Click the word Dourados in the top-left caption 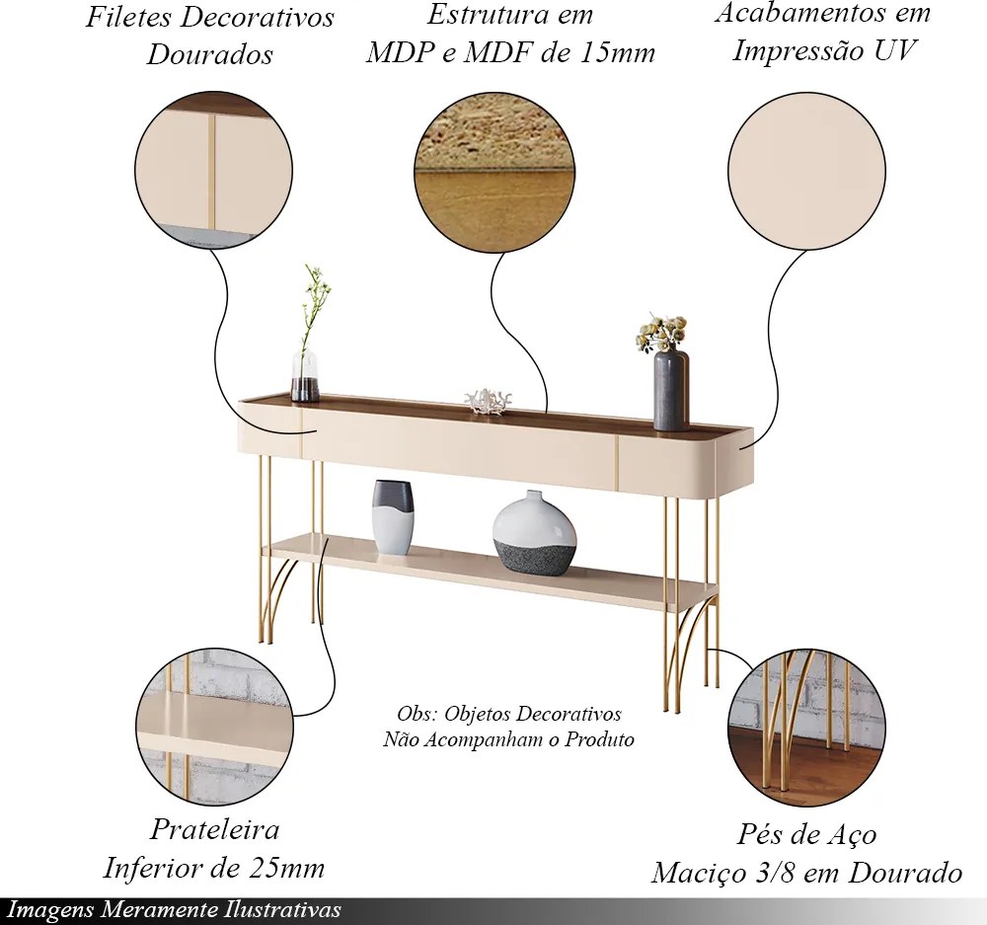pos(210,55)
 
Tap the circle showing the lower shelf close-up pos(212,727)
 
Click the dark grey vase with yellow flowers pos(671,390)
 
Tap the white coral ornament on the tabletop pos(488,401)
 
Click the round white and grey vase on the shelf pos(534,534)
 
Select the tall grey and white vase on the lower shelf pos(393,517)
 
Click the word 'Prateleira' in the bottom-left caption pos(214,829)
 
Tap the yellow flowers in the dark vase pos(661,333)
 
